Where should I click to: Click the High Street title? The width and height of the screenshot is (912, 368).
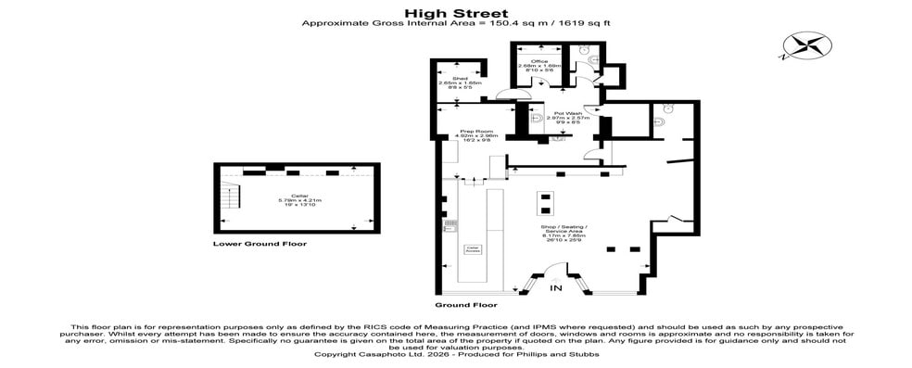click(455, 13)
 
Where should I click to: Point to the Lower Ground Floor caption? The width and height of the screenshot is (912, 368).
click(260, 244)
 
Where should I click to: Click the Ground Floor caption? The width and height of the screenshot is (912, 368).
click(465, 304)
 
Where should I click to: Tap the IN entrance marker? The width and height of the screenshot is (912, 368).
click(556, 289)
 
